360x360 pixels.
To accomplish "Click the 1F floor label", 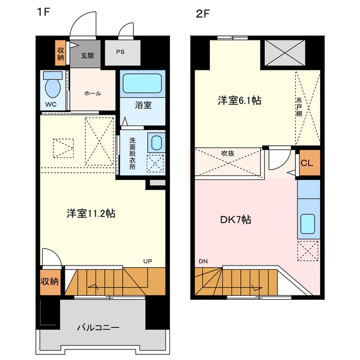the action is click(43, 12).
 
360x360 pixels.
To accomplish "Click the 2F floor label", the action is click(203, 14).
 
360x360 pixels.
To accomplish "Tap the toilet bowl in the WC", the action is click(53, 88).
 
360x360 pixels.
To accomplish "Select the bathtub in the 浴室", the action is click(142, 83).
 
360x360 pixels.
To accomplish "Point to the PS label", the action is click(120, 52).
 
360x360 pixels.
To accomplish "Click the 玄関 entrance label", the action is click(87, 56).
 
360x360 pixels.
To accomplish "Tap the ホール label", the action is click(93, 93).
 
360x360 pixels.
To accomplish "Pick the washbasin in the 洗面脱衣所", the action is click(157, 142).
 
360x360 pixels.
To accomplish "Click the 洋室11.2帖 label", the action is click(91, 214).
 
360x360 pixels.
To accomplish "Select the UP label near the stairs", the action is click(147, 261).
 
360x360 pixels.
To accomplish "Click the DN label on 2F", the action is click(203, 261).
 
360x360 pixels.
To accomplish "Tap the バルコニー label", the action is click(98, 327).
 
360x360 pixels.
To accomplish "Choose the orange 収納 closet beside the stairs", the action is click(50, 282).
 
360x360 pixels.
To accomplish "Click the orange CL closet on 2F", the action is click(309, 163).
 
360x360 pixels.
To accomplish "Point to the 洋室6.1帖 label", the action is click(240, 101).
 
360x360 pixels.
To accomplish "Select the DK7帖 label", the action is click(236, 220).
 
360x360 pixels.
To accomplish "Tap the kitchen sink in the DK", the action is click(308, 224).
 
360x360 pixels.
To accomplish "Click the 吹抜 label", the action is click(228, 153).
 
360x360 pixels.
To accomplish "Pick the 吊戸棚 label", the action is click(299, 107).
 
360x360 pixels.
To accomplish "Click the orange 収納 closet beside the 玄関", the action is click(60, 53).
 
